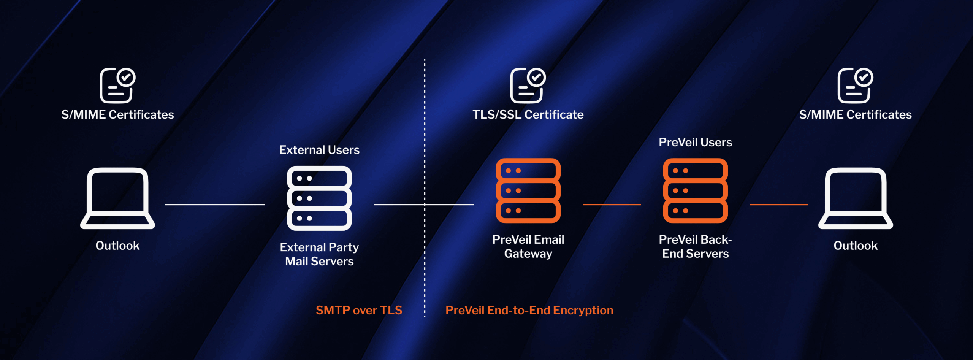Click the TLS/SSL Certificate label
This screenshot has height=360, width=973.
(x=528, y=114)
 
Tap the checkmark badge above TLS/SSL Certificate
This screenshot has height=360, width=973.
(x=536, y=78)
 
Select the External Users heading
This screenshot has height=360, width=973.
(x=319, y=150)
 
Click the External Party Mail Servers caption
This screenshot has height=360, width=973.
(x=319, y=254)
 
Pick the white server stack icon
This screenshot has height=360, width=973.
(x=319, y=198)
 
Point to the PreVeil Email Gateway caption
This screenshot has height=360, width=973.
(x=528, y=246)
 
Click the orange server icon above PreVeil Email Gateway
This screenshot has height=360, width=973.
(x=528, y=190)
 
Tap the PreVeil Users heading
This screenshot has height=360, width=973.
(x=695, y=142)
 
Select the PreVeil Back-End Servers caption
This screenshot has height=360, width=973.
(x=695, y=246)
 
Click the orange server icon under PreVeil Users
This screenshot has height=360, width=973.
(x=695, y=190)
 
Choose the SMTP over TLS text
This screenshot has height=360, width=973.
(x=359, y=310)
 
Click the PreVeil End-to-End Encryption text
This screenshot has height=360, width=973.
(x=529, y=310)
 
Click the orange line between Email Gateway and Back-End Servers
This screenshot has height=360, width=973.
(x=612, y=205)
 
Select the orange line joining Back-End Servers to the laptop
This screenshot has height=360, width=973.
(x=779, y=205)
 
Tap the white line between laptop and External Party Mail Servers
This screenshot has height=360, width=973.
(x=215, y=205)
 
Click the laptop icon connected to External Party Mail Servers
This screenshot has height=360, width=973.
(x=117, y=198)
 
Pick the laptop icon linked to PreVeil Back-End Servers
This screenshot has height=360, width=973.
(x=855, y=198)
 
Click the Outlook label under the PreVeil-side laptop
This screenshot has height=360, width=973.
(x=855, y=246)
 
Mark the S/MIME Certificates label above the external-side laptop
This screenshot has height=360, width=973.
(x=117, y=114)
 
